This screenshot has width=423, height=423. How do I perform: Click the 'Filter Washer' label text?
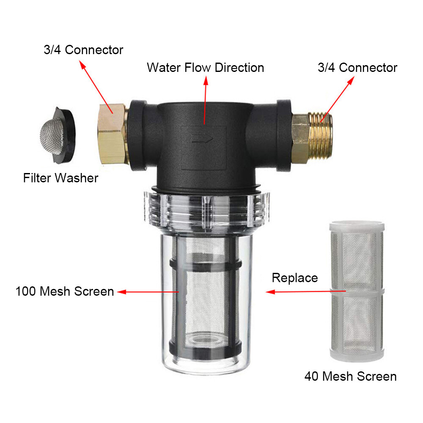pyautogui.click(x=60, y=178)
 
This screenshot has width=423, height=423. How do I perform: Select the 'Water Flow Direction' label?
pyautogui.click(x=205, y=68)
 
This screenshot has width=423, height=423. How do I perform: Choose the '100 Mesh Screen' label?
pyautogui.click(x=65, y=291)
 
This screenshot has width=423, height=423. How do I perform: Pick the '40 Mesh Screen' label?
pyautogui.click(x=350, y=376)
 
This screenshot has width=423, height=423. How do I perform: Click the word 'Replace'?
pyautogui.click(x=294, y=278)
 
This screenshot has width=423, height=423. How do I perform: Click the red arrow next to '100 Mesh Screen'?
pyautogui.click(x=148, y=291)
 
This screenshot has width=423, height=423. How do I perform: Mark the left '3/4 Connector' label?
pyautogui.click(x=83, y=50)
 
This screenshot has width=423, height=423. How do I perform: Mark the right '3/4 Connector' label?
pyautogui.click(x=357, y=68)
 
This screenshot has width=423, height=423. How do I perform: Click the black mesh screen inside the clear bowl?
pyautogui.click(x=206, y=296)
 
